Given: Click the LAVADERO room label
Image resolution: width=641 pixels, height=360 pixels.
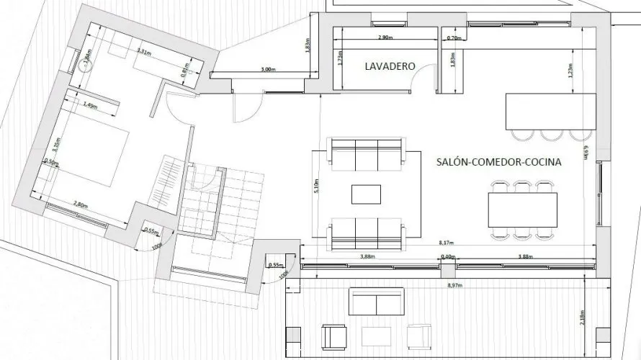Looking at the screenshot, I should (390, 66).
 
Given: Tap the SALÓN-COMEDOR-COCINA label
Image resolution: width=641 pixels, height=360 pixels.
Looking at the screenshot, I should (499, 163).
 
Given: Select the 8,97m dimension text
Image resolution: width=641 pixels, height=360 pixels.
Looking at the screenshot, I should (455, 286).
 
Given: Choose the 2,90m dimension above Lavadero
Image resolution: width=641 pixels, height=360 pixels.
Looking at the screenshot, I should (385, 37).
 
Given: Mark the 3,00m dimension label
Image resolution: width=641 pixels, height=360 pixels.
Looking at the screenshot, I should (266, 70).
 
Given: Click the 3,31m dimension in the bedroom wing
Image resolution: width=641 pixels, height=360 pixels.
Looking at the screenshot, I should (144, 52).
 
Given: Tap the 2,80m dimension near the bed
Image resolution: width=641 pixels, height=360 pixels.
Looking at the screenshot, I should (81, 204).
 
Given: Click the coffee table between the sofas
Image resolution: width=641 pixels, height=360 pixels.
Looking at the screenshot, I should (367, 194).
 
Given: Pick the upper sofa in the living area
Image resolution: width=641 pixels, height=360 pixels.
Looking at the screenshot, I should (366, 152).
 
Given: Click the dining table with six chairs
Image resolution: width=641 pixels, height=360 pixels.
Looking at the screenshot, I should (524, 208).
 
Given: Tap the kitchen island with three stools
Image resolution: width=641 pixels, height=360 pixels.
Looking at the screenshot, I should (551, 111).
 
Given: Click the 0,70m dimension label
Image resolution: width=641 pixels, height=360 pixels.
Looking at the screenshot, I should (454, 37).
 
